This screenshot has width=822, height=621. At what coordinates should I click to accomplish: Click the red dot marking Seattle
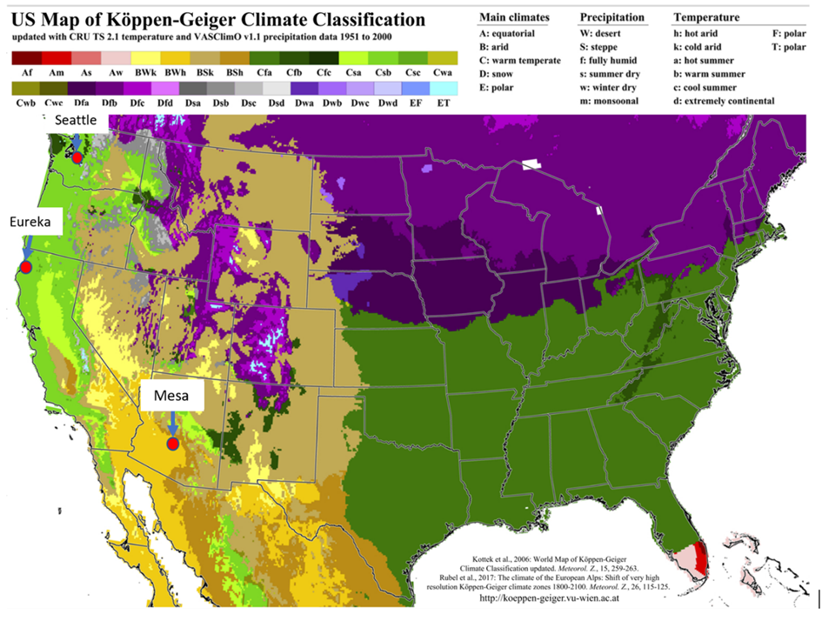point(77,157)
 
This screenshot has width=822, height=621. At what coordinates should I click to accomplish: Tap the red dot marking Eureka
point(26,266)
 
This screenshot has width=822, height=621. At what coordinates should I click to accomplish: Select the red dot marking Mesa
point(173,444)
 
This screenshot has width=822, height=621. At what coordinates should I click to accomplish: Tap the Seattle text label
point(77,120)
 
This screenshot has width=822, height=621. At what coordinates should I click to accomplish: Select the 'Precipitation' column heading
point(611,17)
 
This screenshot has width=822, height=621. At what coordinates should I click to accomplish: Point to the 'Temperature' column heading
point(706,17)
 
